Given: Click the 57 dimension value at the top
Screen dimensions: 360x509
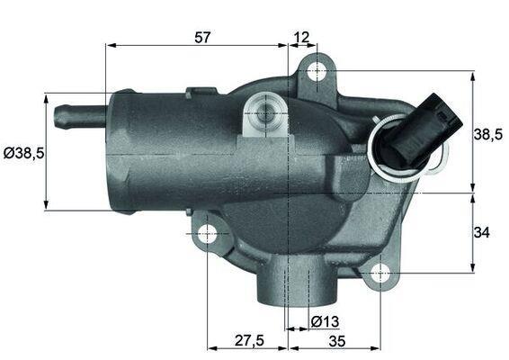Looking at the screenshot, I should (x=203, y=37).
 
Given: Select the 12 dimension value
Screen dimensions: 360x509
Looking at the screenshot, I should (x=301, y=37).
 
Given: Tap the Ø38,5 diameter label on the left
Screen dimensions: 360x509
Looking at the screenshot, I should (x=23, y=153).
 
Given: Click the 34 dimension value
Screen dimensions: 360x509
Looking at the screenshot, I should (x=481, y=232).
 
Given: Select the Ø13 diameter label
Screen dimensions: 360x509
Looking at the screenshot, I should (x=325, y=322).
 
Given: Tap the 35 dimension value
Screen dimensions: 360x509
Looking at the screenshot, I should (x=338, y=341).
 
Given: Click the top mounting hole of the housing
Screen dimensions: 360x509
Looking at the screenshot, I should (x=316, y=70).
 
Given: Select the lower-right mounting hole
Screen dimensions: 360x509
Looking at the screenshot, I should (x=380, y=271).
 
